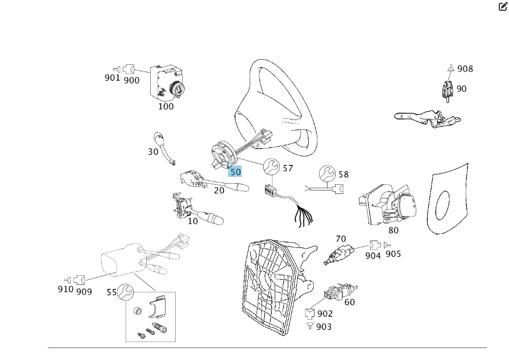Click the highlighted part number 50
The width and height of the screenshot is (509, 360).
(x=235, y=172)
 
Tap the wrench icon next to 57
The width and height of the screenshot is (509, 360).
(x=271, y=167)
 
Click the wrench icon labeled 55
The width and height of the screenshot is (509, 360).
(x=125, y=292)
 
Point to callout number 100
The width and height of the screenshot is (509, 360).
(x=166, y=106)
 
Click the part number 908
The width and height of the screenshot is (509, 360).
(x=465, y=69)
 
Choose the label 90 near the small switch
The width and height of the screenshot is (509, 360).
(x=461, y=89)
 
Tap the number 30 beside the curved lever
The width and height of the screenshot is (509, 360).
(x=153, y=152)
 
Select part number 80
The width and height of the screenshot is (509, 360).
(x=394, y=230)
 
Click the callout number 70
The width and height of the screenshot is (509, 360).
(x=341, y=239)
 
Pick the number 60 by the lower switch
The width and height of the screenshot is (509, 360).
(x=349, y=302)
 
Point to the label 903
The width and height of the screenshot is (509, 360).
(x=323, y=326)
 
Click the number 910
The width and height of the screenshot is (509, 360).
(x=65, y=289)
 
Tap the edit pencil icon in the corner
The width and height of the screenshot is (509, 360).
(x=502, y=7)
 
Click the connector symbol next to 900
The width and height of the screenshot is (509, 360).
(x=129, y=69)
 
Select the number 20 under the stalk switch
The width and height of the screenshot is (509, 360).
(x=219, y=191)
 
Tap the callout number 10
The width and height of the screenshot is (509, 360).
(x=193, y=221)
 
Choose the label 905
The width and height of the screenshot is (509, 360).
(x=393, y=254)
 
